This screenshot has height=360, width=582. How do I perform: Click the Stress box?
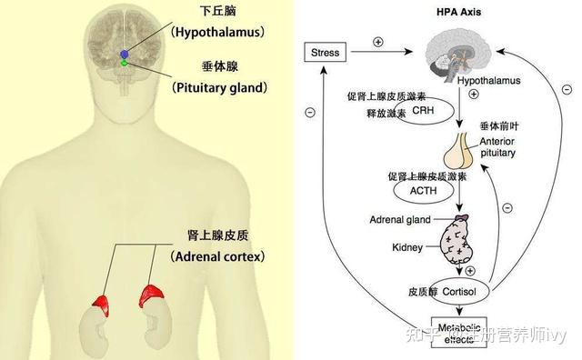325,53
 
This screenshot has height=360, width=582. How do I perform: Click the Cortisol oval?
461,292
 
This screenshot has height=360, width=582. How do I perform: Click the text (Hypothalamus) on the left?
217,32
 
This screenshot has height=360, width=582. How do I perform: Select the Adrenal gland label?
397,220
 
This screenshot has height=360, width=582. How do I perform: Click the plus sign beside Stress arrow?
378,42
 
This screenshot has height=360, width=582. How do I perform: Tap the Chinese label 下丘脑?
218,12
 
